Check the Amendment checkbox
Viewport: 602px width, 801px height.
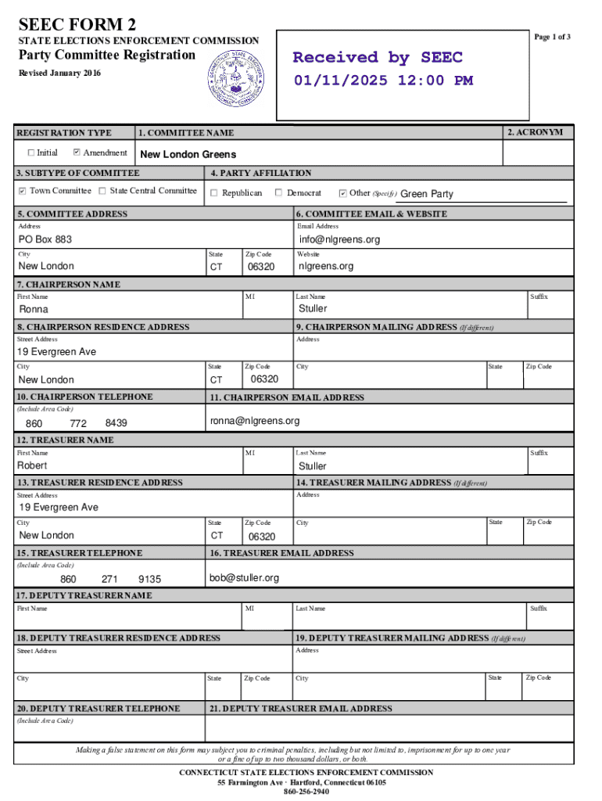click(77, 153)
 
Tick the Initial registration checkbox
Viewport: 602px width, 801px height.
click(31, 153)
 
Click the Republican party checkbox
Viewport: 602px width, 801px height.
click(214, 192)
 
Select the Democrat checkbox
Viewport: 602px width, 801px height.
click(279, 192)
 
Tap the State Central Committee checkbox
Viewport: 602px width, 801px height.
click(102, 191)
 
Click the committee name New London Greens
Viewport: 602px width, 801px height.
click(188, 154)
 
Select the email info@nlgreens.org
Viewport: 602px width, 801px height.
click(339, 239)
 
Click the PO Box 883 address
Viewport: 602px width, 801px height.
click(45, 239)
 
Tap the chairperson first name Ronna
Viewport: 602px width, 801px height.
click(34, 310)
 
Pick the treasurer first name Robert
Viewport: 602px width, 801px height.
click(34, 465)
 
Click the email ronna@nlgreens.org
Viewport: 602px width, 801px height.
click(255, 422)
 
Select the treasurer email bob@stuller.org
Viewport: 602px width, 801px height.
click(244, 578)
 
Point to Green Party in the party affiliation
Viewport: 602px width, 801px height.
click(427, 194)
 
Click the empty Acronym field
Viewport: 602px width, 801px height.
click(535, 152)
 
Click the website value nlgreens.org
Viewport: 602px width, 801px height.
click(326, 266)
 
